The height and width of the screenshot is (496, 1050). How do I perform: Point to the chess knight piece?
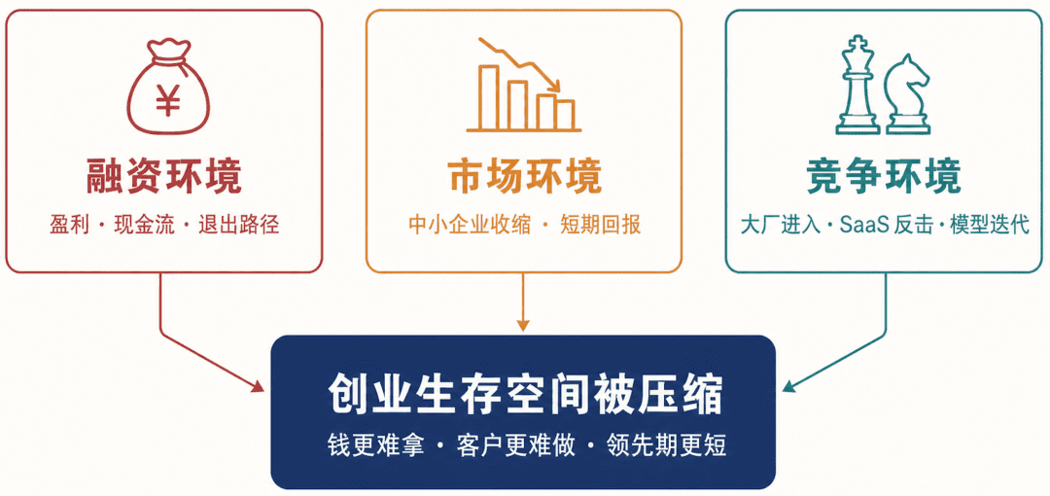pyautogui.click(x=907, y=93)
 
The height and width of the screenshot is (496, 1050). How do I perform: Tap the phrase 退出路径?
pyautogui.click(x=238, y=226)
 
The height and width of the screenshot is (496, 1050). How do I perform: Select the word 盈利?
pyautogui.click(x=70, y=226)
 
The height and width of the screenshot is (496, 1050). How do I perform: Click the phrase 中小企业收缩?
pyautogui.click(x=470, y=226)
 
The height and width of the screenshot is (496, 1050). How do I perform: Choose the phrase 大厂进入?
pyautogui.click(x=780, y=226)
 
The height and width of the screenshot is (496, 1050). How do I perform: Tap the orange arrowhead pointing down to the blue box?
pyautogui.click(x=524, y=326)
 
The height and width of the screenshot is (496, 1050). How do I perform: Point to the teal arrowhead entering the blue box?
pyautogui.click(x=789, y=385)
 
